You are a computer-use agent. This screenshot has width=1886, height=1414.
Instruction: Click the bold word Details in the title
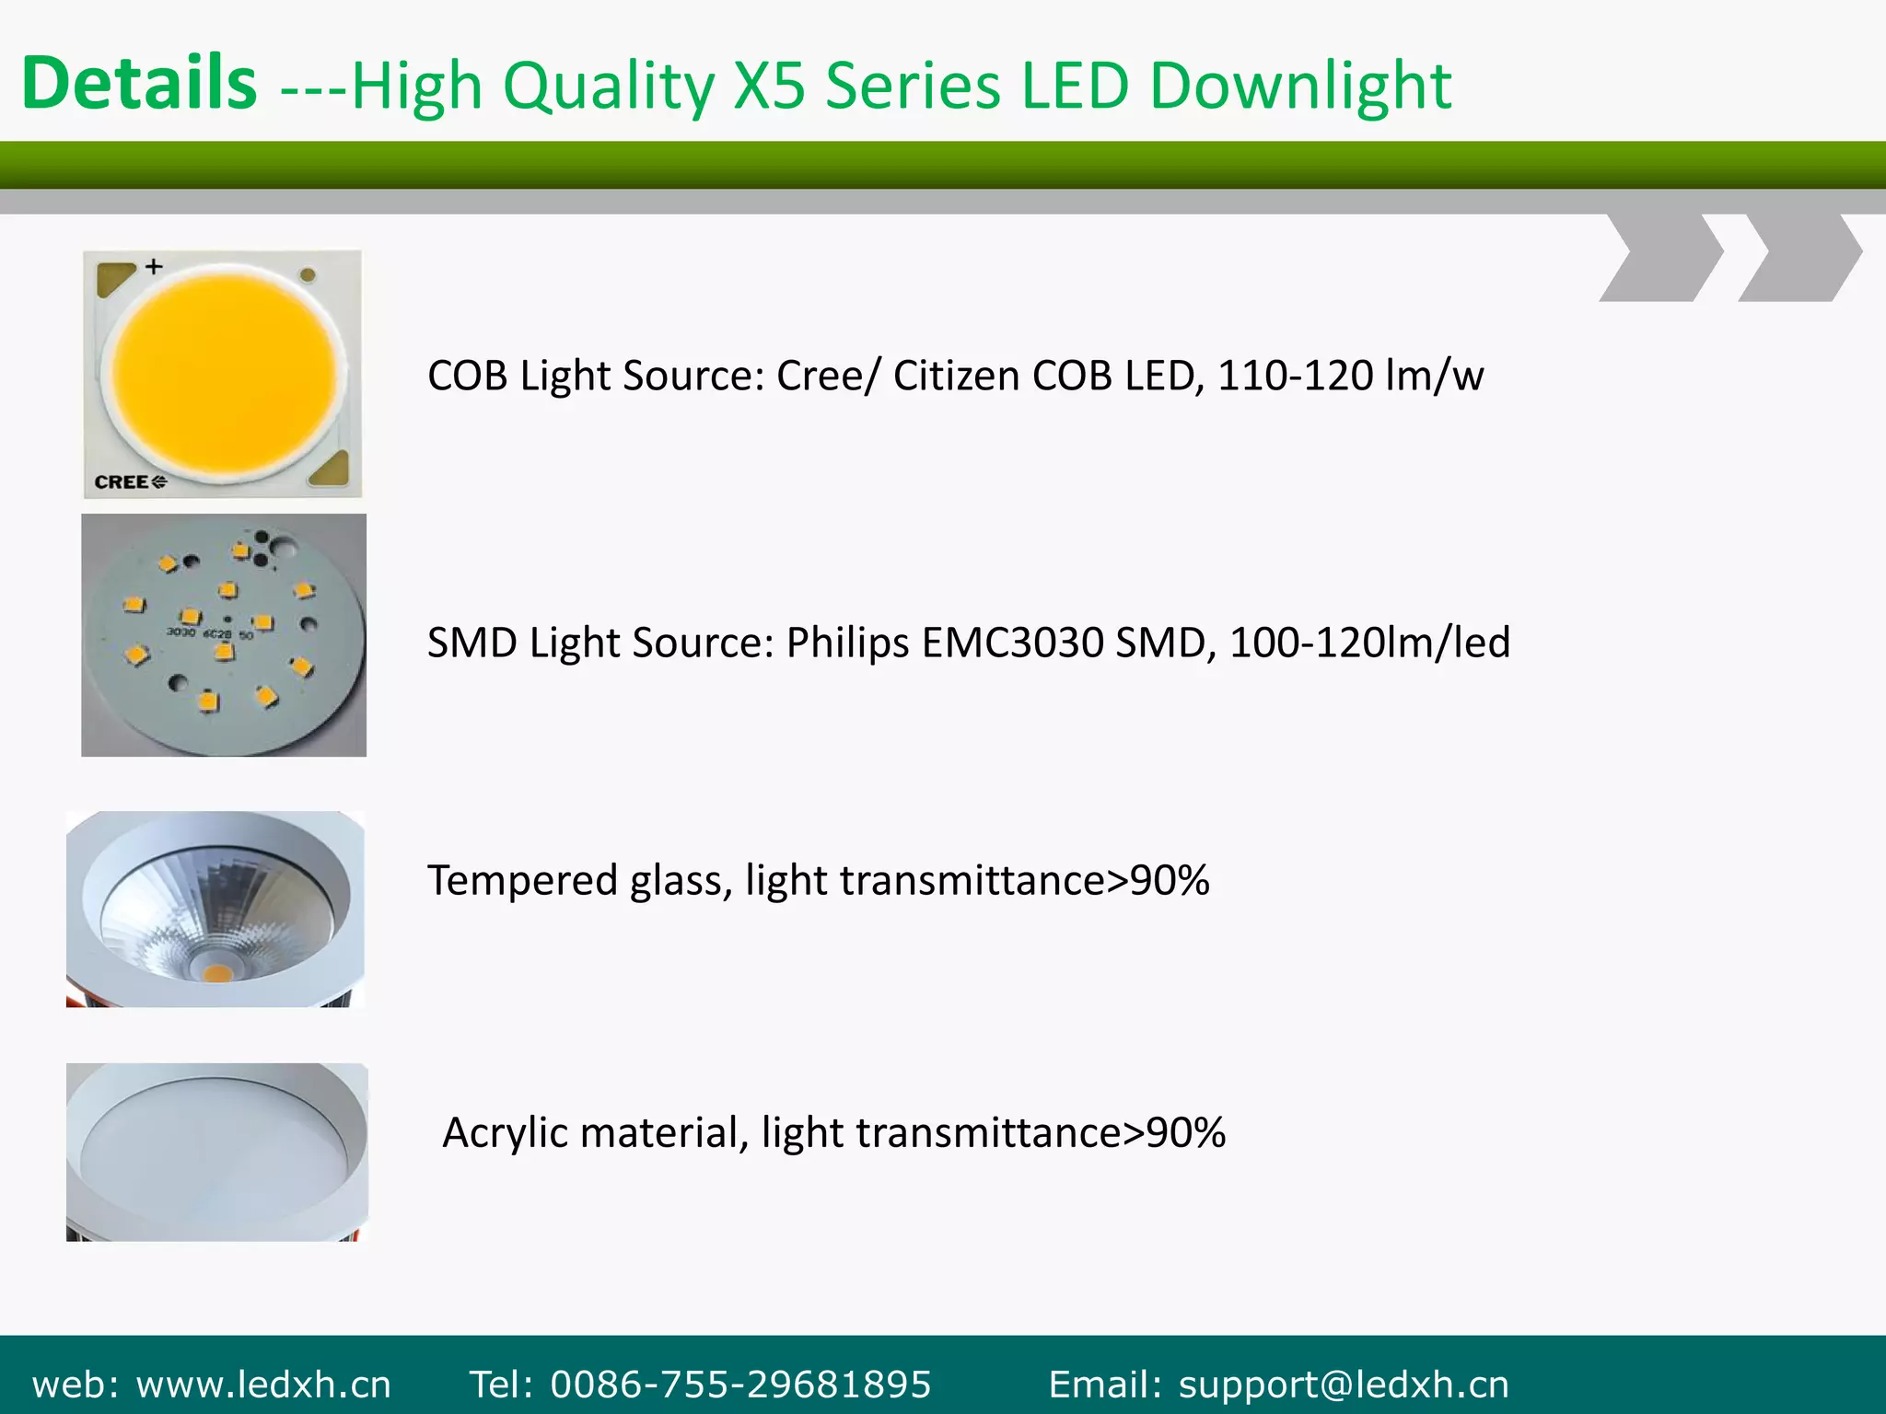139,83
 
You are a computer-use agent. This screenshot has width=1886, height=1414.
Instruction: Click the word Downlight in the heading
1300,86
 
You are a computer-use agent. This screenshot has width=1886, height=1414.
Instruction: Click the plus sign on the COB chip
154,267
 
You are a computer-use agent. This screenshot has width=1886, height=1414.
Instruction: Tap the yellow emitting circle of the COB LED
223,373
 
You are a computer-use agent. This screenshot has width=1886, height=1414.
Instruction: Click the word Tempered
522,881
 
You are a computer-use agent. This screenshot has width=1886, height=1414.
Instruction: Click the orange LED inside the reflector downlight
215,972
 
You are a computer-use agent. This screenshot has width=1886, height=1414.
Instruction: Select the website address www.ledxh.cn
263,1385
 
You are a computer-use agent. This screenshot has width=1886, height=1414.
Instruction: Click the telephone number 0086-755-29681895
740,1385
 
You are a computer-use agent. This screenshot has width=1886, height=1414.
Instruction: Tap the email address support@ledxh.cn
1344,1385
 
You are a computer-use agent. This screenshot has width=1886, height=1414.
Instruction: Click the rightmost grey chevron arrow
1800,258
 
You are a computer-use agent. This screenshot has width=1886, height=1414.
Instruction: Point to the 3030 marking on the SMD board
180,632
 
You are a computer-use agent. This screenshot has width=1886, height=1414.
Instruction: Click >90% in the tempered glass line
1158,881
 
